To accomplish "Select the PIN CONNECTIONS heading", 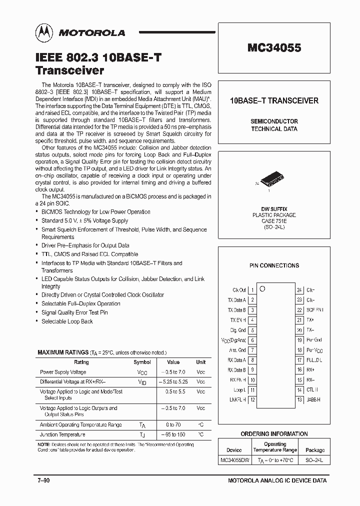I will [274, 265].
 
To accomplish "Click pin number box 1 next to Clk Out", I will [252, 290].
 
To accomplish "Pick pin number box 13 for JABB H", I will [299, 399].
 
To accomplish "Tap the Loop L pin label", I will [239, 389].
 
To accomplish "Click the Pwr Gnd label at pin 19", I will [314, 340].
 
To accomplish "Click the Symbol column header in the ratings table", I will [142, 362].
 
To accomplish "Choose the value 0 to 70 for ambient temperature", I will [173, 424].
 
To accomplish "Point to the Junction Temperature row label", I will [62, 434].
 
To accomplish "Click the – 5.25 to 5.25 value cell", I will [173, 381].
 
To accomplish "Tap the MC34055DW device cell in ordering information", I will [234, 459].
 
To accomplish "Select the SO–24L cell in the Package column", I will [314, 459].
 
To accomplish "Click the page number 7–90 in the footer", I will [43, 480].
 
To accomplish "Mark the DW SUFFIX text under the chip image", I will [274, 208].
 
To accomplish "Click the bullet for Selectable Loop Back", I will [38, 321].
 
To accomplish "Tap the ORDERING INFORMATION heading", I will [274, 433].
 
